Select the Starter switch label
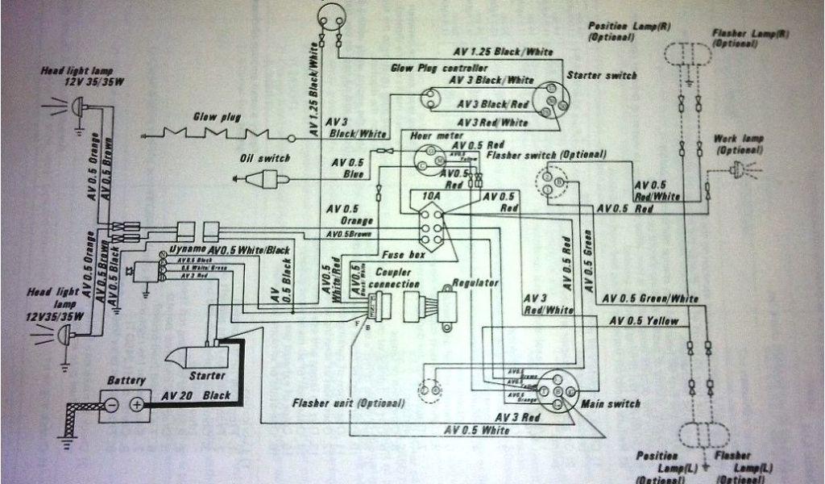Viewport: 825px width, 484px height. tap(602, 75)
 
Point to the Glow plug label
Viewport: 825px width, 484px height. tap(217, 116)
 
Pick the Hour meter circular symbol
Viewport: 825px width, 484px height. tap(429, 158)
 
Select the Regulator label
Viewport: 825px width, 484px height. tap(476, 283)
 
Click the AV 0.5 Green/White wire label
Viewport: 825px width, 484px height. tap(653, 299)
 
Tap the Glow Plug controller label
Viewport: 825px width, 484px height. tap(439, 69)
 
